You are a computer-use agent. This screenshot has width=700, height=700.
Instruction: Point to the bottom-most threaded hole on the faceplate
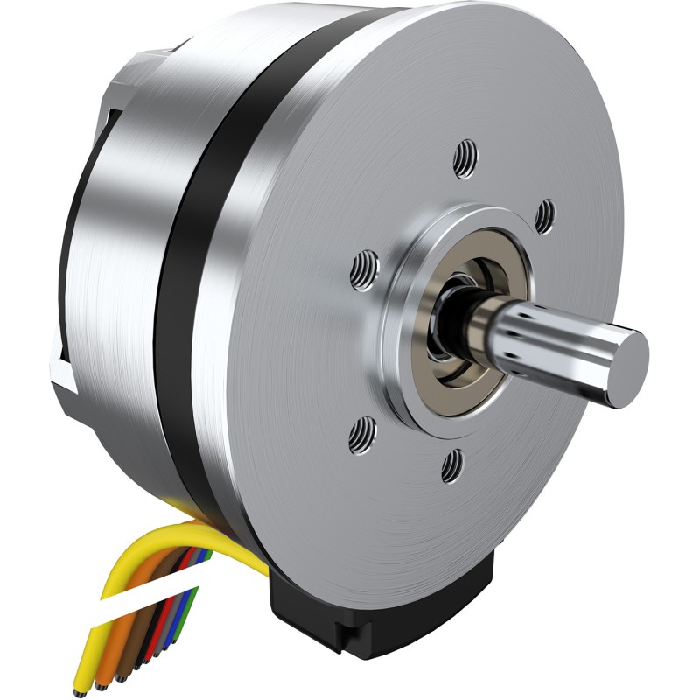pos(454,464)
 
